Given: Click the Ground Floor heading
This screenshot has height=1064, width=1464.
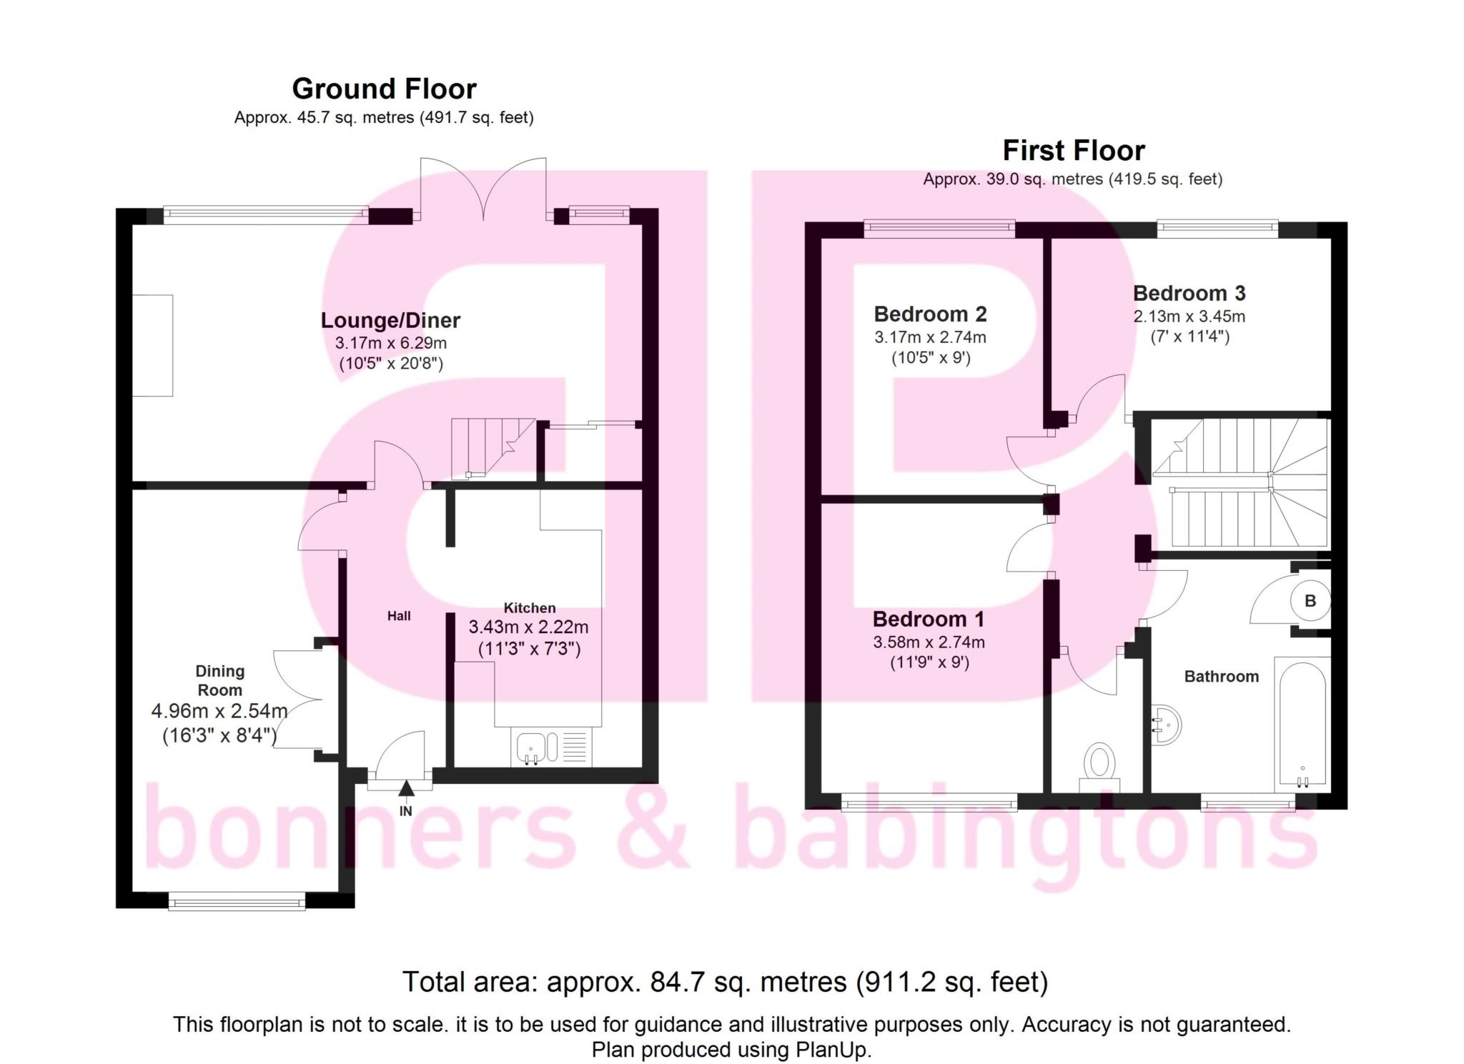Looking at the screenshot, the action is [x=384, y=89].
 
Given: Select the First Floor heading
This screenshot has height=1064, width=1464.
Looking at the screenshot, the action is [x=1074, y=151].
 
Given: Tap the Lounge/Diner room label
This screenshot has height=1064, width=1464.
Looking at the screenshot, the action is [x=390, y=320].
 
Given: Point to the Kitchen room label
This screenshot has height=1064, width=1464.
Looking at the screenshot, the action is [x=530, y=608].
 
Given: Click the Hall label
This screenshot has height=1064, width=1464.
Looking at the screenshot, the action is [x=399, y=616].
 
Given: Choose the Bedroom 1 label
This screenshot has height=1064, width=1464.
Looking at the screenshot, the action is [x=929, y=619].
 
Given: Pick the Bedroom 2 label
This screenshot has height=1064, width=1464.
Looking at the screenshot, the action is [x=930, y=314].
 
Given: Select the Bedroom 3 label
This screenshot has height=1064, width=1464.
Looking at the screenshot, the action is [x=1189, y=293].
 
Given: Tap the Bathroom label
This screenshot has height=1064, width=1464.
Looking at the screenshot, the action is [x=1222, y=677].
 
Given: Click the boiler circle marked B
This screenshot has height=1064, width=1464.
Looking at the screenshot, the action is [x=1310, y=601].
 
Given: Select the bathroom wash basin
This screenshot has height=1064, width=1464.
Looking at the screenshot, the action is [x=1165, y=725].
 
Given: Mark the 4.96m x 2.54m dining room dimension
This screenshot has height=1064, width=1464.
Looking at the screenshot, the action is [x=219, y=712].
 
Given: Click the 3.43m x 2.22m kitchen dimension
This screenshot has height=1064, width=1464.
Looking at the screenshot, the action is [x=528, y=627].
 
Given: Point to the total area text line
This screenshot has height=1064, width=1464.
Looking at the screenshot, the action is [x=725, y=982].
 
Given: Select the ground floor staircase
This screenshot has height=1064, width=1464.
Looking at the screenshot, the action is [x=493, y=448].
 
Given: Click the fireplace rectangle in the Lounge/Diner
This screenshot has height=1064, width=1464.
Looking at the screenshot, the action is [x=153, y=345].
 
